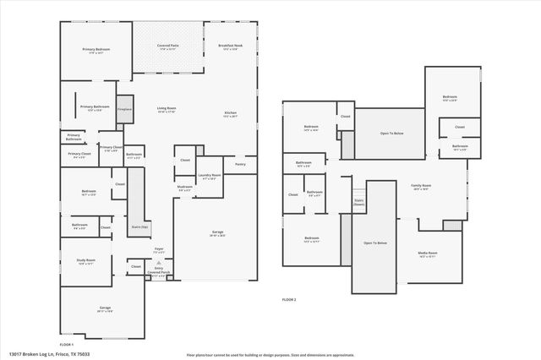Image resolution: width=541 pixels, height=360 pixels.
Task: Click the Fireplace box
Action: point(124,109)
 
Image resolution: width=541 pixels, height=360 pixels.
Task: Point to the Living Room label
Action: point(165,110)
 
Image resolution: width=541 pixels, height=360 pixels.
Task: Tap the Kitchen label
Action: point(230,114)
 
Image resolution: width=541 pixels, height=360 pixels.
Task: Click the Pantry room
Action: point(240,165)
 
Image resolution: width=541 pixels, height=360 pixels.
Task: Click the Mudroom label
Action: point(184,188)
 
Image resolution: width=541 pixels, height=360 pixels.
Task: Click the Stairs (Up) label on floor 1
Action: point(139,227)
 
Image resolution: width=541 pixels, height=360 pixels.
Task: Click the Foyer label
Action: point(158,250)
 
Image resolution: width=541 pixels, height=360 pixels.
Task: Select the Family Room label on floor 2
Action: point(421,187)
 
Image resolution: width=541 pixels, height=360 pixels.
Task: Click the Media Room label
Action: point(428,254)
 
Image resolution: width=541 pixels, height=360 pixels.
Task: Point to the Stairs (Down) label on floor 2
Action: point(358,203)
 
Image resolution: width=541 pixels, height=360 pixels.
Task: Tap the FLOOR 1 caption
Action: point(67,345)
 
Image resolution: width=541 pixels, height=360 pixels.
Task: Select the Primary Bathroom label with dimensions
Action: point(95,108)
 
